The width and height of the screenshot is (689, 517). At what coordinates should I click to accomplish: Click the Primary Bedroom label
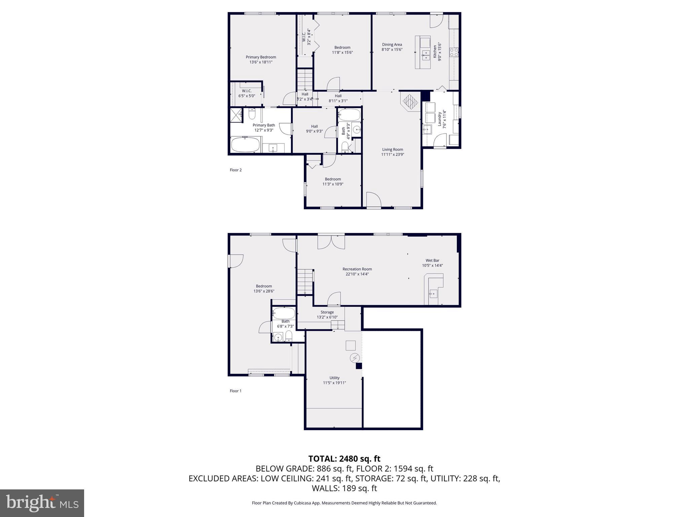tap(261, 57)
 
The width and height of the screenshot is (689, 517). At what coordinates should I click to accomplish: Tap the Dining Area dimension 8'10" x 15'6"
tap(392, 49)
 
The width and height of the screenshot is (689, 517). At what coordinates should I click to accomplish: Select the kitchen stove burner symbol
tap(454, 52)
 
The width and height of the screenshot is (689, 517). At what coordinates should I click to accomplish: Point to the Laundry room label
tap(439, 119)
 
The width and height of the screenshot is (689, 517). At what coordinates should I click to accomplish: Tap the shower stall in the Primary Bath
tap(236, 114)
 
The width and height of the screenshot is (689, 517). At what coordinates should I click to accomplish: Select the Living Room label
tap(392, 149)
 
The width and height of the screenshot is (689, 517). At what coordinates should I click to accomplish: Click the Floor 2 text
tap(235, 170)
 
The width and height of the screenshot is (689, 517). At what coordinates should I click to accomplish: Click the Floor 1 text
tap(235, 391)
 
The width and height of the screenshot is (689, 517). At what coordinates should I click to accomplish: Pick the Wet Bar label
tap(432, 260)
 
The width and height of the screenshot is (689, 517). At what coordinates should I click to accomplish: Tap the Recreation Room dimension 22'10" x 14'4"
tap(357, 274)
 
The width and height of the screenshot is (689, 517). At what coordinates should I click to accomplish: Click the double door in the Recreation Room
tap(331, 242)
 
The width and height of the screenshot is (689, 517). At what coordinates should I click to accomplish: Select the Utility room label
tap(334, 378)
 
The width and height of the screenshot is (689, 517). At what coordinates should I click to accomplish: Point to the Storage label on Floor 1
tap(327, 312)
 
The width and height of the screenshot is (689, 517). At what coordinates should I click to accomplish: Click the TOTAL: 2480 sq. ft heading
tap(344, 458)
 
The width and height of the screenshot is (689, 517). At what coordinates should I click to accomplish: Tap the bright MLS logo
tap(42, 503)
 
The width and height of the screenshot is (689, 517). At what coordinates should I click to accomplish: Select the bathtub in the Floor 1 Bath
tap(284, 313)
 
